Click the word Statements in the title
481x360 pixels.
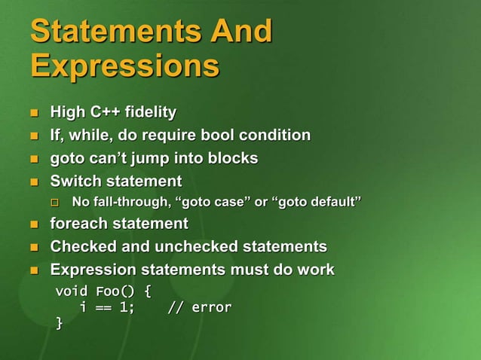(106, 32)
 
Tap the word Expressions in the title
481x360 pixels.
(124, 66)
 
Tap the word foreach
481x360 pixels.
(79, 224)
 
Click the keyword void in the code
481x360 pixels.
(72, 291)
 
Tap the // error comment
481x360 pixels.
(199, 307)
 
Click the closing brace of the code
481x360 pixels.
(60, 324)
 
